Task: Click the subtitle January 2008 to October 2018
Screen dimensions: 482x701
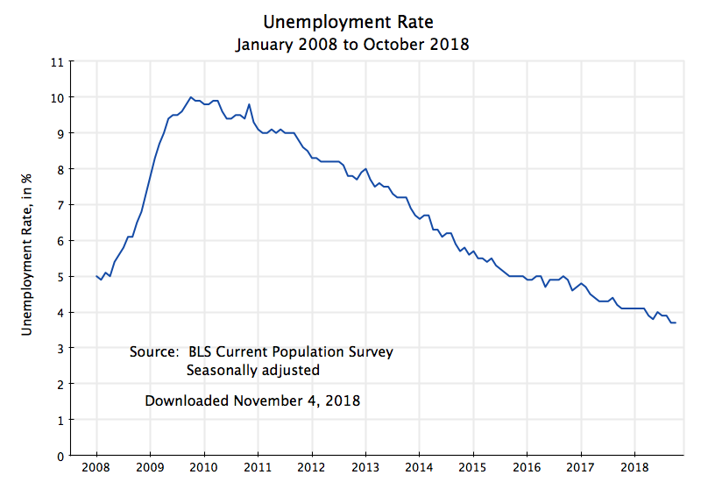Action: (352, 44)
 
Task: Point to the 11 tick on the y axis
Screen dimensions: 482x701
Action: (58, 61)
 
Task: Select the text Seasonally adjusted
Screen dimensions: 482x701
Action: (252, 371)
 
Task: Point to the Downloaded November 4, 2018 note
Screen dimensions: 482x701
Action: (252, 401)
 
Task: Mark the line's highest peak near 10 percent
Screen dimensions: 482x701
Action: (191, 97)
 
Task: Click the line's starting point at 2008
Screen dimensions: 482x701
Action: (96, 276)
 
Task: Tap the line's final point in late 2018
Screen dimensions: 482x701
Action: (676, 323)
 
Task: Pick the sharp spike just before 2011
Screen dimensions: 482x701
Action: (250, 104)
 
